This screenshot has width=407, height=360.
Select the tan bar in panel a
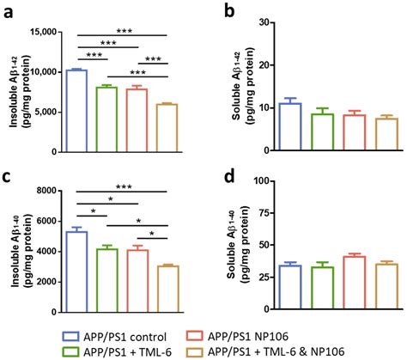(166, 128)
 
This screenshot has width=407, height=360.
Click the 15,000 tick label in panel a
(39, 33)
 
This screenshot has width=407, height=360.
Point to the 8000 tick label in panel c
(45, 182)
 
